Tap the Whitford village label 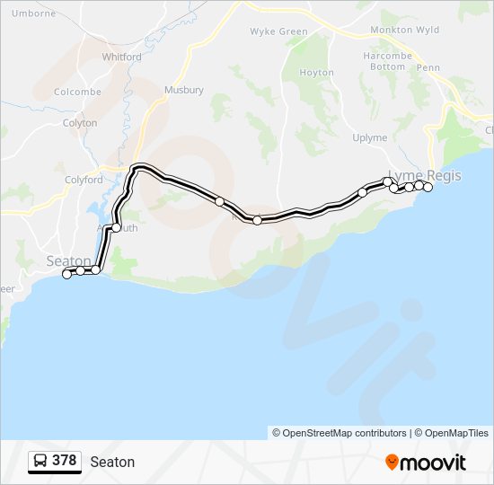(x=121, y=57)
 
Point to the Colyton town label (x=80, y=123)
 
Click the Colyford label (x=84, y=180)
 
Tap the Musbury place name (x=184, y=90)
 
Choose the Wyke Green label (x=278, y=31)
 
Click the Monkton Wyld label (x=405, y=30)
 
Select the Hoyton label (x=316, y=73)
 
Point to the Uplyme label (x=369, y=137)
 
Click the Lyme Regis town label (x=424, y=175)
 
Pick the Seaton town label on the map (x=68, y=260)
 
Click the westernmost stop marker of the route (x=66, y=275)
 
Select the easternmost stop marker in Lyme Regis (x=428, y=187)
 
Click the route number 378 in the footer (x=64, y=461)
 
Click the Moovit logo (x=426, y=463)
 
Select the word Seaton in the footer (x=112, y=462)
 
